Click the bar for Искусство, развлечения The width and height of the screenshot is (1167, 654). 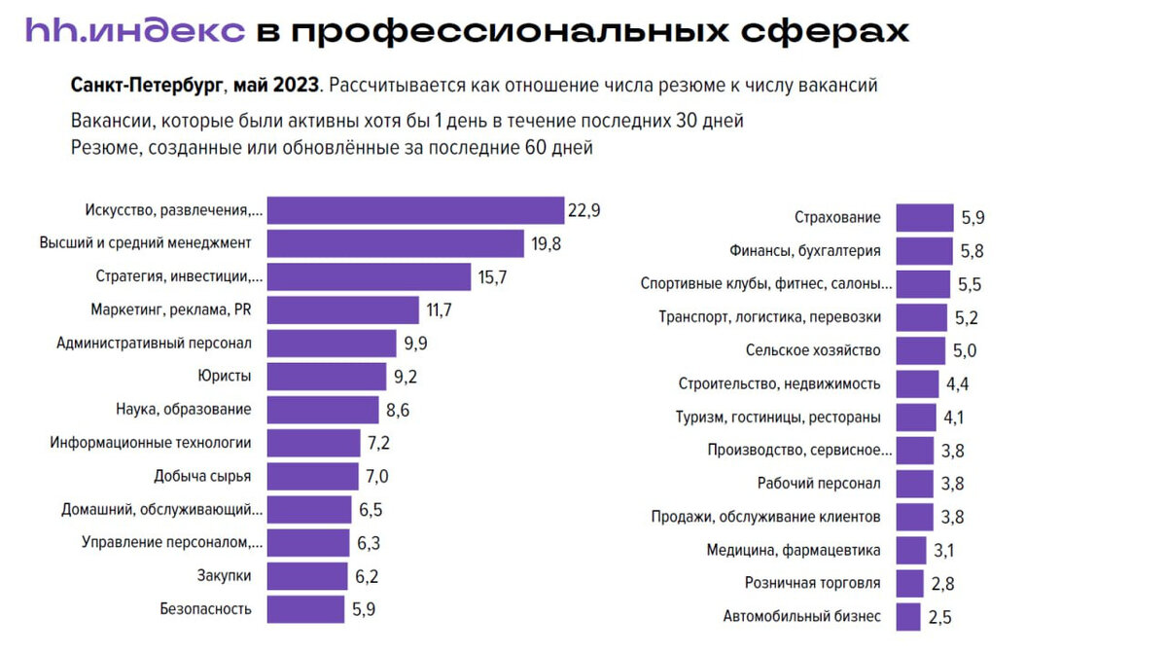coord(415,210)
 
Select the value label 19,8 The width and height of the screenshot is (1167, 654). coord(547,244)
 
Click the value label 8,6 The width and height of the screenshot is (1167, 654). coord(398,410)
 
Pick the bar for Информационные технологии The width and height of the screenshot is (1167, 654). coord(315,443)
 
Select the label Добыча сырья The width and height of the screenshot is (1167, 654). coord(202,476)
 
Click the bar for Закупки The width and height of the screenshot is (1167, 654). coord(306,576)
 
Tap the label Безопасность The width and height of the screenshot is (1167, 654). coord(205,609)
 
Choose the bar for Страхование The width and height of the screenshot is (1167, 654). coord(925,218)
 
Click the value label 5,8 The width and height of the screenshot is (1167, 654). coord(972,251)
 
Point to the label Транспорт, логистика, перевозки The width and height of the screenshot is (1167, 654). coord(769,317)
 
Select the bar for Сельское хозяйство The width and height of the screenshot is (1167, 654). coord(920,350)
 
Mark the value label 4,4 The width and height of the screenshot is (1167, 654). coord(957,384)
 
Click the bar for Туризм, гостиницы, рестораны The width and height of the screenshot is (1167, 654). coord(916,418)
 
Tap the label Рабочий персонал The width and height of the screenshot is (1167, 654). coord(819,484)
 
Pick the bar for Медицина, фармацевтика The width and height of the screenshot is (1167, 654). coord(911,550)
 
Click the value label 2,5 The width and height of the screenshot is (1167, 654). coord(940,617)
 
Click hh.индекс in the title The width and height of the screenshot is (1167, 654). coord(134,29)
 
